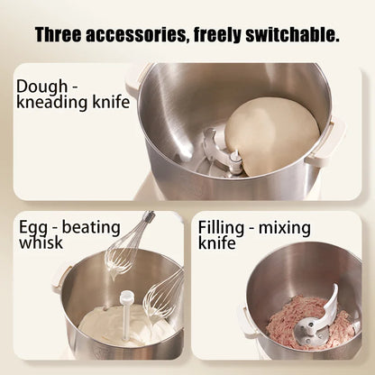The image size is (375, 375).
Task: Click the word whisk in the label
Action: pyautogui.click(x=40, y=242)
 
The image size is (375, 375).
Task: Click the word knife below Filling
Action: pyautogui.click(x=217, y=242)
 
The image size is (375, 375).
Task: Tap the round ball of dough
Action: pyautogui.click(x=270, y=135)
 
